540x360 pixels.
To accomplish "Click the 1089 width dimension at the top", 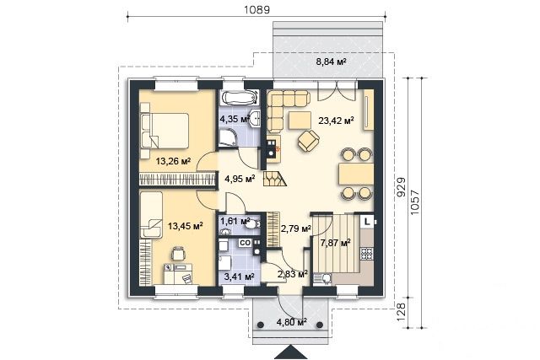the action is click(x=256, y=9).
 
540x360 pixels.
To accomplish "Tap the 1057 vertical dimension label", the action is click(x=415, y=202).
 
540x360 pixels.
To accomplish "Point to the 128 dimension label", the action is click(x=402, y=312).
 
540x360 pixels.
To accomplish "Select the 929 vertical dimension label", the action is click(x=402, y=187).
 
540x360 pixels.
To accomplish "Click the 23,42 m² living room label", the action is click(x=336, y=121).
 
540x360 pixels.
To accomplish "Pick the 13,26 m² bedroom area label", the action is click(x=173, y=161).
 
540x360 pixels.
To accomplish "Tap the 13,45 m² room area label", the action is click(x=185, y=226).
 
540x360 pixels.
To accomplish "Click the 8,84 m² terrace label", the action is click(x=331, y=62).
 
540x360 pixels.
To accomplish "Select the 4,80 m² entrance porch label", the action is click(x=292, y=323).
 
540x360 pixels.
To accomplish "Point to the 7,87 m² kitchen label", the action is click(x=336, y=243).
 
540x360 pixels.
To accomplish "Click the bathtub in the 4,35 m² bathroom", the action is click(x=239, y=97).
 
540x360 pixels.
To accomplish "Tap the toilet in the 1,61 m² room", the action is click(x=254, y=224).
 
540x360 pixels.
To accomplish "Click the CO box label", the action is click(x=245, y=243).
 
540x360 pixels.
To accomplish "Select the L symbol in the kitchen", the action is click(x=367, y=221).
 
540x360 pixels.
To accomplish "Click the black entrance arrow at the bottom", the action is click(x=292, y=352).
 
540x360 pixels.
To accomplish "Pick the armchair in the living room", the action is click(x=308, y=141).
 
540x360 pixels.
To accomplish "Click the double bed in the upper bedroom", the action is click(x=165, y=132).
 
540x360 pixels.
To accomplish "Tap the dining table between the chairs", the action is click(x=356, y=174).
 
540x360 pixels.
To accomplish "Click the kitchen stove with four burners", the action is click(x=366, y=254).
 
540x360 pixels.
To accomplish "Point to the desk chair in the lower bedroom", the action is click(x=178, y=253).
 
